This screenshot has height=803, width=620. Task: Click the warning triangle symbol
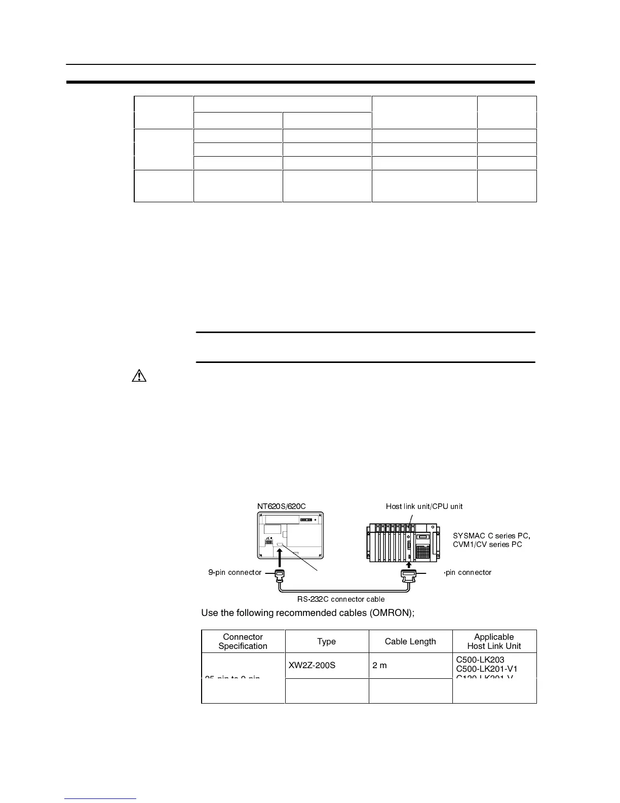click(x=139, y=376)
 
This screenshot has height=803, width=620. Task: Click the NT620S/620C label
click(x=281, y=506)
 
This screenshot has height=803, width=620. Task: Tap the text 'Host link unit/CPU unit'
click(x=424, y=506)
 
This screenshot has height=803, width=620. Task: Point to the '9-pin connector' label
click(x=235, y=572)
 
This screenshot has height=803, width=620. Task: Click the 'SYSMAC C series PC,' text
click(x=491, y=536)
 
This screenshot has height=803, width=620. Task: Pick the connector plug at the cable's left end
click(x=279, y=574)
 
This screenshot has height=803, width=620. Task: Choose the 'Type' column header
click(x=326, y=641)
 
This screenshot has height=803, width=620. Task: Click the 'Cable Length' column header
click(x=410, y=641)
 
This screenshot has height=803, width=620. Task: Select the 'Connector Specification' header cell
click(x=243, y=641)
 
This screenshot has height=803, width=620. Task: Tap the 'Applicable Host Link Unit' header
click(x=494, y=641)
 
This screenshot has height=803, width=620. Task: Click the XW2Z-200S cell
click(x=312, y=665)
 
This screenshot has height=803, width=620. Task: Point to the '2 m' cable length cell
click(x=379, y=665)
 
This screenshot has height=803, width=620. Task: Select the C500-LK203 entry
click(x=480, y=660)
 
